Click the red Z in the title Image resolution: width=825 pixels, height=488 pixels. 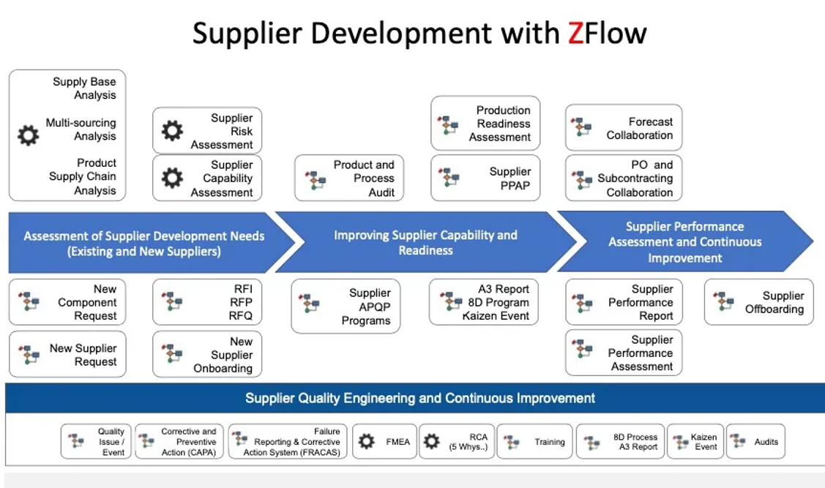575,33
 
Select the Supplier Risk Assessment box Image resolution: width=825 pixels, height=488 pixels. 207,131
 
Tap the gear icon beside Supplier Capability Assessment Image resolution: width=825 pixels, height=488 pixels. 172,178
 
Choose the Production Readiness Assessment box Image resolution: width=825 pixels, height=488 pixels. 485,124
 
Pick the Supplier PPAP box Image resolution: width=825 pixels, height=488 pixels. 485,178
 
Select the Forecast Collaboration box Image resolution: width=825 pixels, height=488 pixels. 624,128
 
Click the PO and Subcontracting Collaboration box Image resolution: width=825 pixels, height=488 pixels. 624,178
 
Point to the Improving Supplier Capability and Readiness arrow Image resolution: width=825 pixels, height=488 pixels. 425,242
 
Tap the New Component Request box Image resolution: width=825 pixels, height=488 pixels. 67,302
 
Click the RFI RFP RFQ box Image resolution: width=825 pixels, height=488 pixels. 207,302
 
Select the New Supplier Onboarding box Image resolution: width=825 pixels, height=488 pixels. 207,355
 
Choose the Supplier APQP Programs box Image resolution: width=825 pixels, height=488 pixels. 346,307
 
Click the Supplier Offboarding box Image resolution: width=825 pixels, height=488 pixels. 758,302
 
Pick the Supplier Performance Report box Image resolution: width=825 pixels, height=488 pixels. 624,302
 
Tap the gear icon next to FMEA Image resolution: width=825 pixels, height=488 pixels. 367,441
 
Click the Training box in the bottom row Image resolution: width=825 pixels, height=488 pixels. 534,441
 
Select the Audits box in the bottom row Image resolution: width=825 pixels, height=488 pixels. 755,441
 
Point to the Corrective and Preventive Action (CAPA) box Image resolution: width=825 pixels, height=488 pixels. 179,441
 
